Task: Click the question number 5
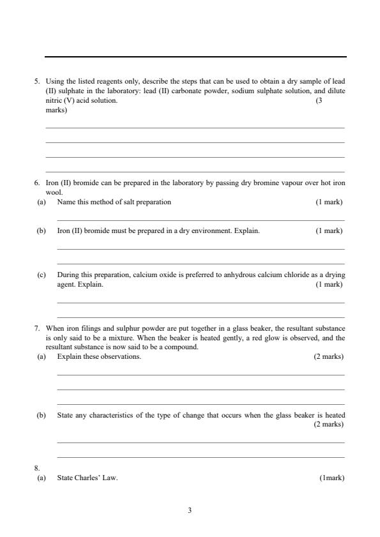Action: [37, 82]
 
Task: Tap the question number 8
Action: [37, 468]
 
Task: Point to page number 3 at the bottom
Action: [190, 510]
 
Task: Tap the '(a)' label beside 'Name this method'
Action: [41, 202]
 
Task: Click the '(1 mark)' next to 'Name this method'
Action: [329, 202]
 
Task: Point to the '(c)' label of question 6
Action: [41, 275]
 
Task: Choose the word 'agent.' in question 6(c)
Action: [66, 284]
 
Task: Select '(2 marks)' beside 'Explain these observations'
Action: [328, 356]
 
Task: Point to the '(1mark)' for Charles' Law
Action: [331, 478]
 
